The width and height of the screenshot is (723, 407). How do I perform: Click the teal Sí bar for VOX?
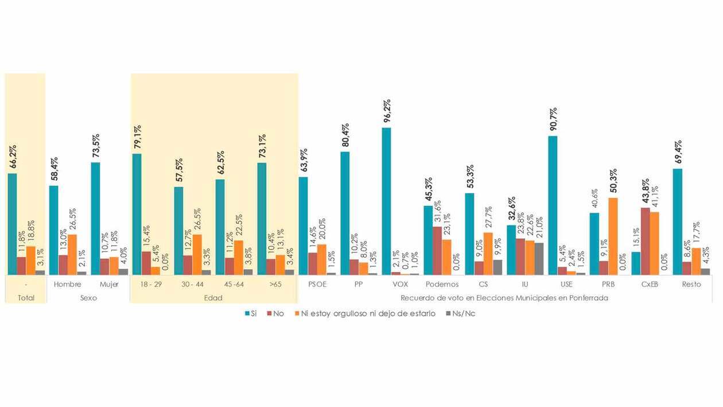[x=386, y=201]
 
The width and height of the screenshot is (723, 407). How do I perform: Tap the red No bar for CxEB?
[x=645, y=241]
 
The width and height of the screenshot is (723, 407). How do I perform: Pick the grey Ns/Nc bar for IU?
[x=539, y=259]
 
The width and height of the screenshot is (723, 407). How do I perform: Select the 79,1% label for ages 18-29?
[x=138, y=138]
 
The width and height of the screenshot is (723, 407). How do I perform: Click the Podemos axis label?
[x=442, y=284]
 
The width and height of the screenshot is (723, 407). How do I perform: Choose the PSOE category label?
[x=317, y=284]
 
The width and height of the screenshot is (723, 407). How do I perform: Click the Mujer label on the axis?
[x=109, y=284]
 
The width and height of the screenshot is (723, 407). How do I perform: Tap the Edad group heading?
[x=213, y=298]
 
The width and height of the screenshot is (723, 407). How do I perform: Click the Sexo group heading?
[x=88, y=298]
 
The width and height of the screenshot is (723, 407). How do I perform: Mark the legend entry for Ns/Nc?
[x=459, y=313]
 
